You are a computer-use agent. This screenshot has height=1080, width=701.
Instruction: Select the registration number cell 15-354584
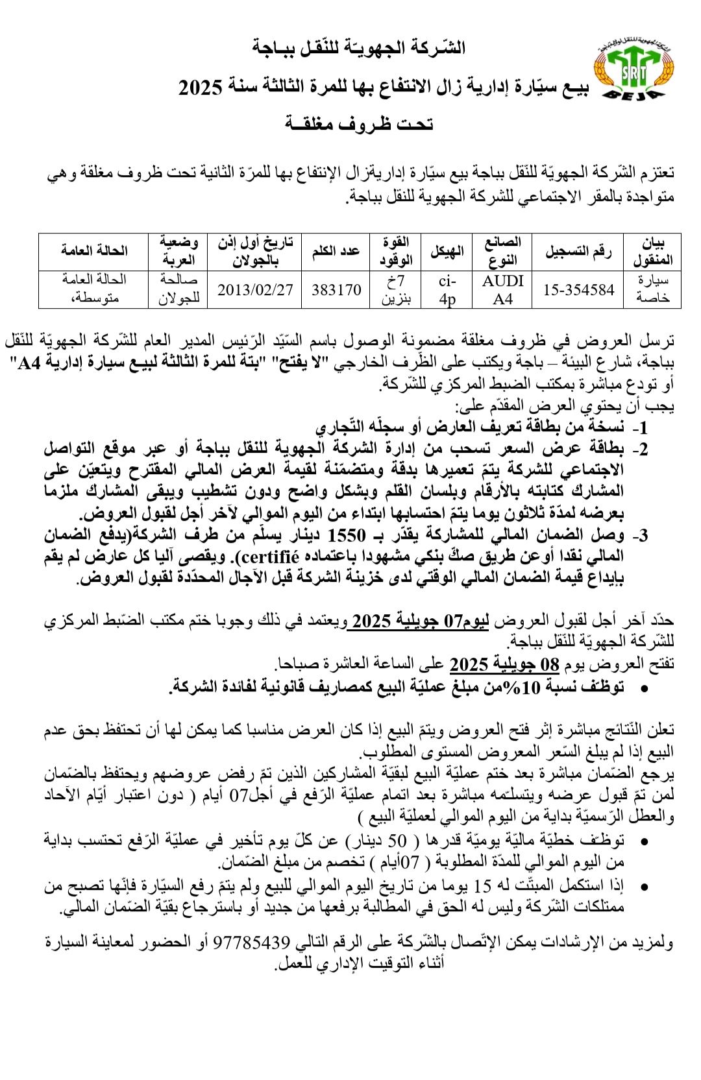pyautogui.click(x=578, y=289)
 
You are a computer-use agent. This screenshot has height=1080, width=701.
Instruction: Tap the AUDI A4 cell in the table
pyautogui.click(x=503, y=289)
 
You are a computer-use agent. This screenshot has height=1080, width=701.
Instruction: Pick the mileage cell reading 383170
pyautogui.click(x=336, y=289)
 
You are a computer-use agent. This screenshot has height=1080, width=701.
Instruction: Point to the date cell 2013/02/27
pyautogui.click(x=255, y=289)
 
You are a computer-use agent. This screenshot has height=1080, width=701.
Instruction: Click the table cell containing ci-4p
pyautogui.click(x=448, y=289)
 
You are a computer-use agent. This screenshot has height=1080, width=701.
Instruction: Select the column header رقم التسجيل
pyautogui.click(x=578, y=252)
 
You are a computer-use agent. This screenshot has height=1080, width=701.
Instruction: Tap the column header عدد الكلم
pyautogui.click(x=336, y=252)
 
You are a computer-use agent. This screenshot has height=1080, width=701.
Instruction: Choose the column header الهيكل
pyautogui.click(x=448, y=252)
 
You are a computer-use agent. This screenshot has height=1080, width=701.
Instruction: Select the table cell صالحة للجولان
pyautogui.click(x=179, y=289)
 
